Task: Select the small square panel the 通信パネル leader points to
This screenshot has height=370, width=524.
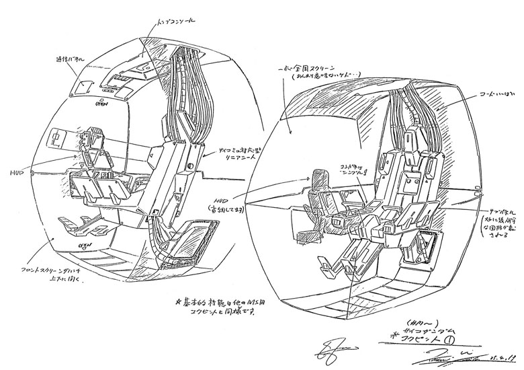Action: pyautogui.click(x=85, y=86)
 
